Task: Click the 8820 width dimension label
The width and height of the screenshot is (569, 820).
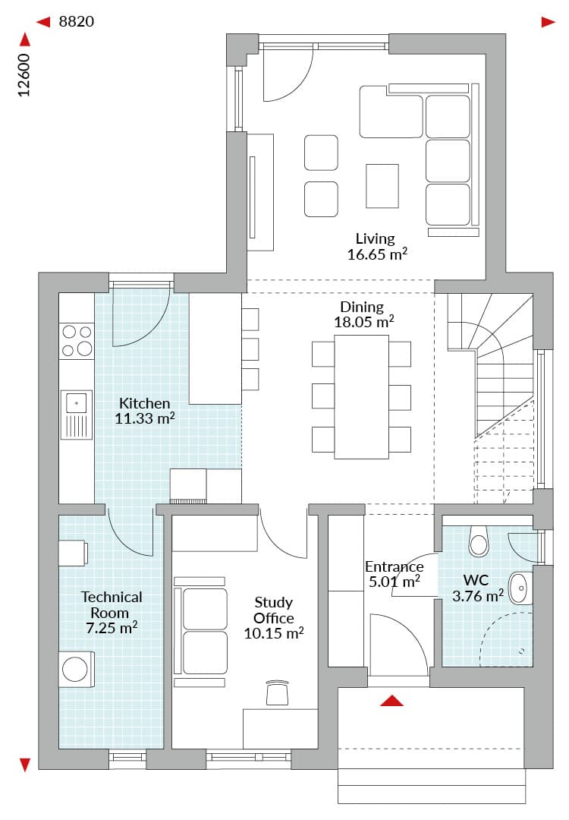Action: (77, 21)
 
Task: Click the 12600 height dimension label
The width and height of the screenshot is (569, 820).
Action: (24, 75)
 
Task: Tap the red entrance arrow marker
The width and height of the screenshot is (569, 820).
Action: (392, 701)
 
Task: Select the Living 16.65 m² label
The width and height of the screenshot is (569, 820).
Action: (377, 246)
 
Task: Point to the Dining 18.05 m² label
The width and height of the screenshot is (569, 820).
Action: (363, 314)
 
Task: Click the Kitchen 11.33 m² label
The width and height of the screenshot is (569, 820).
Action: (145, 411)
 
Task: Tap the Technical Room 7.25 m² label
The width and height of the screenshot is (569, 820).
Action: (112, 613)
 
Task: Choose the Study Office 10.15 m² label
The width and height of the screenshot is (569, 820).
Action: (274, 617)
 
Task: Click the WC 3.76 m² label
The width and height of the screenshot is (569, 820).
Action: (477, 588)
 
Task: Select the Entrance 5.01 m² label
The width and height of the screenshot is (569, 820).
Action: (394, 574)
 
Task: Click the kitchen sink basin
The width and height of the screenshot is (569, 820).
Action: (77, 403)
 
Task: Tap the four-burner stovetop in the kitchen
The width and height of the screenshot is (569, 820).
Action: (77, 340)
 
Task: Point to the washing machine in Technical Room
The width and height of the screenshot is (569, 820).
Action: (76, 669)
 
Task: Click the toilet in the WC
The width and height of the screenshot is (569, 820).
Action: (479, 541)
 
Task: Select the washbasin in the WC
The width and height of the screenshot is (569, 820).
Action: (520, 588)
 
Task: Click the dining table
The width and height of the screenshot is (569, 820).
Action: (362, 397)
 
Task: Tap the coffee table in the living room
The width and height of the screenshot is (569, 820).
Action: (382, 186)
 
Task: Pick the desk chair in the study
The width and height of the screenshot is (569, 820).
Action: (277, 693)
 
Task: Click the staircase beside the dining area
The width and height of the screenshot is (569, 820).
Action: (491, 397)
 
